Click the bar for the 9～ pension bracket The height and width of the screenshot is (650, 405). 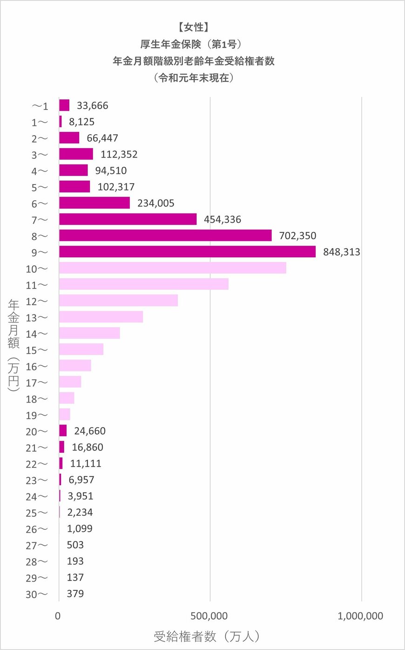pos(187,252)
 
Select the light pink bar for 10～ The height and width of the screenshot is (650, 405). pos(172,268)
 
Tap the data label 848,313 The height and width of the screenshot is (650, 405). pos(341,252)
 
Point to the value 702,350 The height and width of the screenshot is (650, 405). pos(297,236)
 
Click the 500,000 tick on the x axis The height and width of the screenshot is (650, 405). pos(209,616)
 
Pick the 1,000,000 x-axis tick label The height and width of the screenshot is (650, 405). pos(360,616)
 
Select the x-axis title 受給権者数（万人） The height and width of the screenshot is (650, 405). pos(207,636)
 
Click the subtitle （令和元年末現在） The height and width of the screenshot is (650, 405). pos(194,78)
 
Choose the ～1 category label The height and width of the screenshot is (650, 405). pos(40,106)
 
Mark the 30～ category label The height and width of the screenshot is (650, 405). pos(37,594)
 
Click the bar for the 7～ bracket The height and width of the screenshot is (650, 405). pos(128,219)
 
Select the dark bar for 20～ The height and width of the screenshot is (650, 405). pos(63,431)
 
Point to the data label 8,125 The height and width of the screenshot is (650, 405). pos(81,122)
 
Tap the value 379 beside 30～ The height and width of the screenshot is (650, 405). pos(75,594)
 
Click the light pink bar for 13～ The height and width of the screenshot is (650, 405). pos(101,317)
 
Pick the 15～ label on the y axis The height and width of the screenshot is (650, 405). pos(37,350)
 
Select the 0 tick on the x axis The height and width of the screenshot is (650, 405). pos(58,616)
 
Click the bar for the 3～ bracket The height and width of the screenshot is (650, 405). pos(76,154)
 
